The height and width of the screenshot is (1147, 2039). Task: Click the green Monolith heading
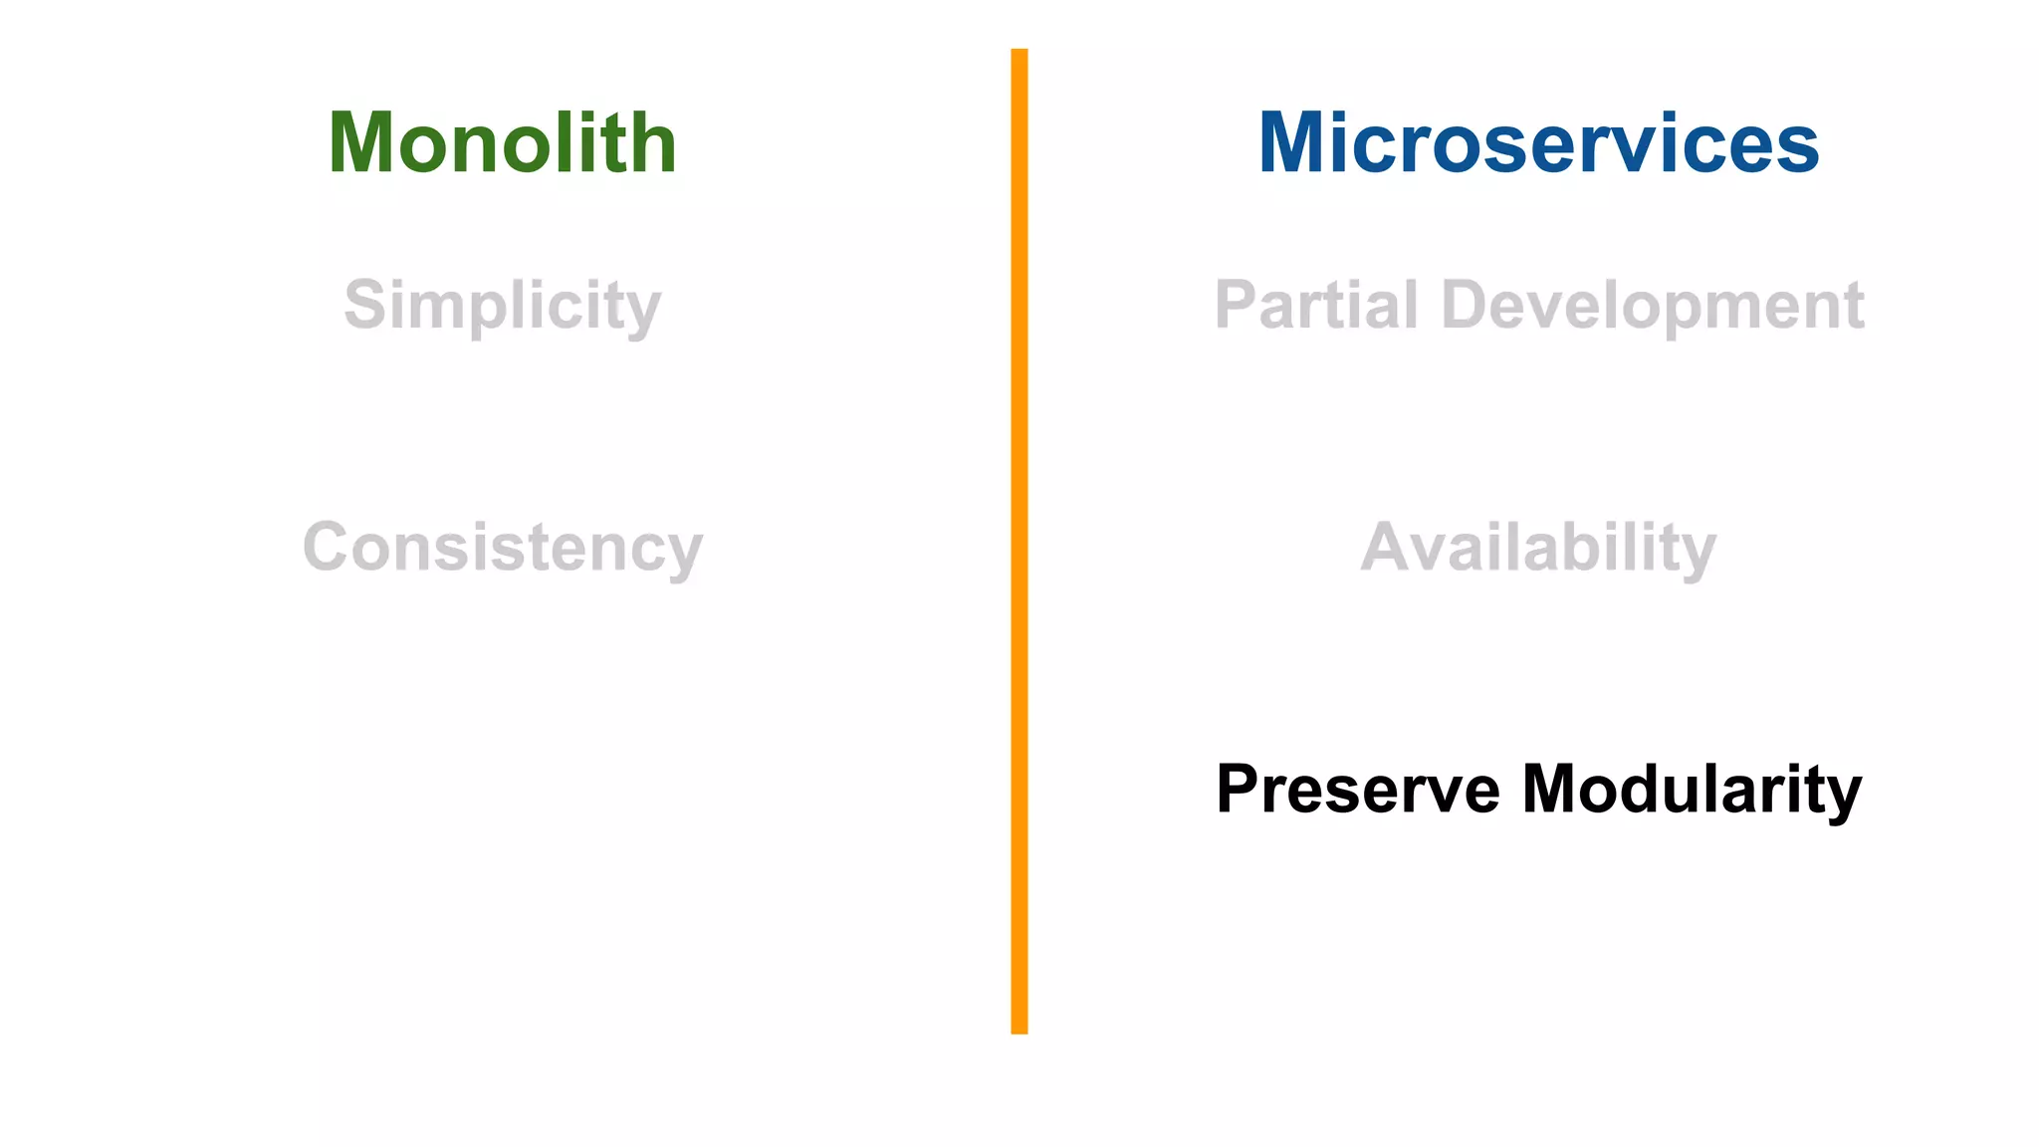pos(503,143)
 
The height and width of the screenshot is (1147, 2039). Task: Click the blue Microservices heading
pos(1538,143)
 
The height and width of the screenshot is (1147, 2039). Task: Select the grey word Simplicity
pos(503,305)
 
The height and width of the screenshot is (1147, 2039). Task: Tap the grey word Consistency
pos(503,547)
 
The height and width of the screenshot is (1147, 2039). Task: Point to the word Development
pos(1653,305)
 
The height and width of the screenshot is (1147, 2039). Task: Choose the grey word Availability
pos(1538,547)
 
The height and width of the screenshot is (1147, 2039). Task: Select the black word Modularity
pos(1693,789)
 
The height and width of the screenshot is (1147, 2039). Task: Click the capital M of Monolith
pos(362,143)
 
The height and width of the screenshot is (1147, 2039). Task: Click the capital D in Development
pos(1468,305)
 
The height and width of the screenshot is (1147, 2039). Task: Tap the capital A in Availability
pos(1388,547)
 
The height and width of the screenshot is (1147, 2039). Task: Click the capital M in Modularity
pos(1556,789)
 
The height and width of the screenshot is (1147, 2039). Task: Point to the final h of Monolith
pos(653,143)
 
